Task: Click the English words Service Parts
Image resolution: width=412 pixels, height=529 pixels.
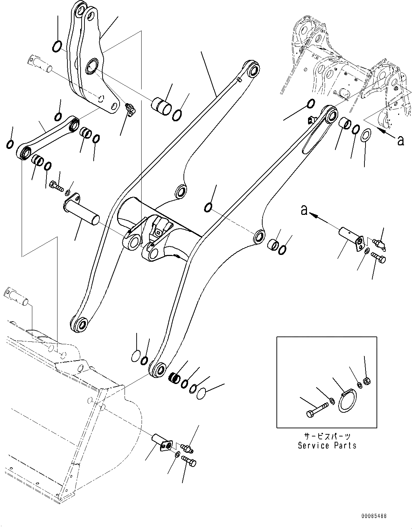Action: (327, 445)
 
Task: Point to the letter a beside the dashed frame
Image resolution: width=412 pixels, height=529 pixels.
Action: (401, 141)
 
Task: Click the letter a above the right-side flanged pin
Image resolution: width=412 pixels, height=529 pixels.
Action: (304, 210)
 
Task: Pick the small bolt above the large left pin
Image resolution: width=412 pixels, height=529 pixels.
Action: (56, 185)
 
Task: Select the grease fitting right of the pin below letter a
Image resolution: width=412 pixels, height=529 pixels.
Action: (380, 244)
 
